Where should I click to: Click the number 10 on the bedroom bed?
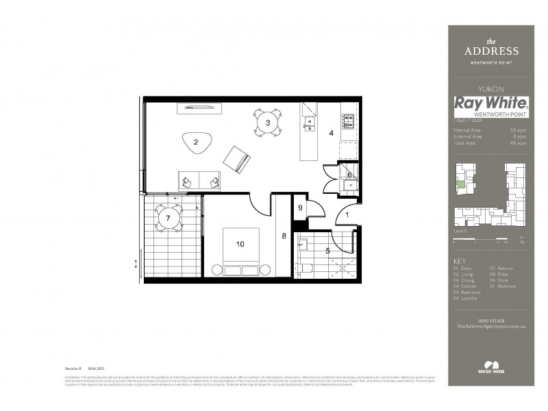(x=240, y=243)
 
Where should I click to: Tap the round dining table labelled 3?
(x=269, y=123)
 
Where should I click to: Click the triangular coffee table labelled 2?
(x=196, y=142)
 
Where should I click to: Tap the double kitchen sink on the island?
(x=310, y=123)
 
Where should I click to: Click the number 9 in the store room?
(x=299, y=208)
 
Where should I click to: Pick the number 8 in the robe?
(x=284, y=236)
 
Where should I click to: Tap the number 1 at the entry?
(x=347, y=214)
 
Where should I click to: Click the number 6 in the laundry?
(x=349, y=175)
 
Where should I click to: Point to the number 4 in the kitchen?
(x=331, y=133)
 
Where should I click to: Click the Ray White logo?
(x=491, y=104)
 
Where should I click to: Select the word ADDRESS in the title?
(x=491, y=51)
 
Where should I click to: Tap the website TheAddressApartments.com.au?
(x=491, y=327)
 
